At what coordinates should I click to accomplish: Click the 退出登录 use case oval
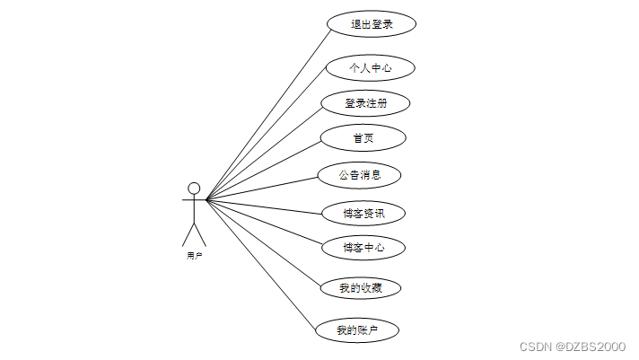[372, 24]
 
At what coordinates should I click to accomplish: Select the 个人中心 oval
[370, 67]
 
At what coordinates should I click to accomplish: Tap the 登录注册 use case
[366, 103]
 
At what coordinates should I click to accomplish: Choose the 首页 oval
[363, 138]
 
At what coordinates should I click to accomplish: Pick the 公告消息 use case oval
[359, 175]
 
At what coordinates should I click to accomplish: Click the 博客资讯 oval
[363, 214]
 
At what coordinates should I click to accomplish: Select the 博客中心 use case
[363, 248]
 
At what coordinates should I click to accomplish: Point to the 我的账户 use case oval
[357, 330]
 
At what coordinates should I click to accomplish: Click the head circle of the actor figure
[194, 189]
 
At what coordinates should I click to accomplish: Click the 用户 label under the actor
[194, 256]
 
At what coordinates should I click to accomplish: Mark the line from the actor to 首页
[265, 169]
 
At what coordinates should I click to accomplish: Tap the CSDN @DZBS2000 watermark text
[573, 346]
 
